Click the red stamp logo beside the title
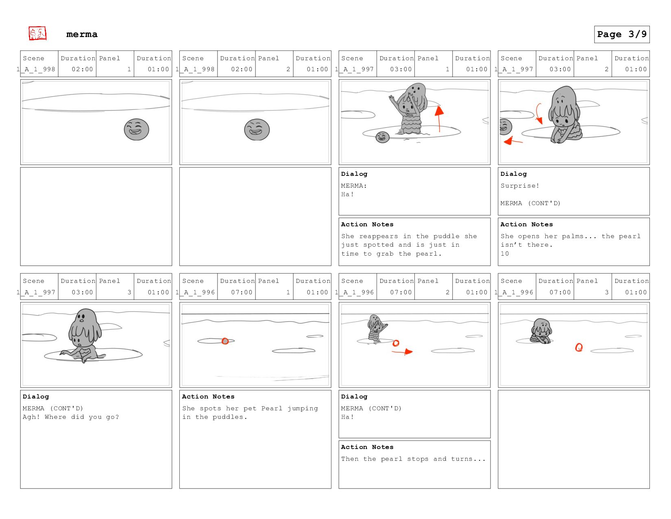[x=37, y=33]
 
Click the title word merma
[x=82, y=34]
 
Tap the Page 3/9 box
[x=621, y=34]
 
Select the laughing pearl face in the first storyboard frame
[x=137, y=129]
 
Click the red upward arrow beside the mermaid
[x=439, y=119]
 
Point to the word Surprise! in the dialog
[x=520, y=186]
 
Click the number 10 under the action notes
[x=505, y=254]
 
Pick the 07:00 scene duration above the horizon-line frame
[x=242, y=292]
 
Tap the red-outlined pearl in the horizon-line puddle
[x=225, y=341]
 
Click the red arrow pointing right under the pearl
[x=402, y=351]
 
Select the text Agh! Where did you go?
[x=71, y=417]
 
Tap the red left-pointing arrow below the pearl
[x=513, y=141]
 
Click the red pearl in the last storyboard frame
[x=579, y=348]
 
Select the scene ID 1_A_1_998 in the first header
[x=36, y=69]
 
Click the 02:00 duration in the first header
[x=82, y=69]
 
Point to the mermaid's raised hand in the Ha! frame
[x=392, y=100]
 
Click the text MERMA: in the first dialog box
[x=354, y=186]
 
